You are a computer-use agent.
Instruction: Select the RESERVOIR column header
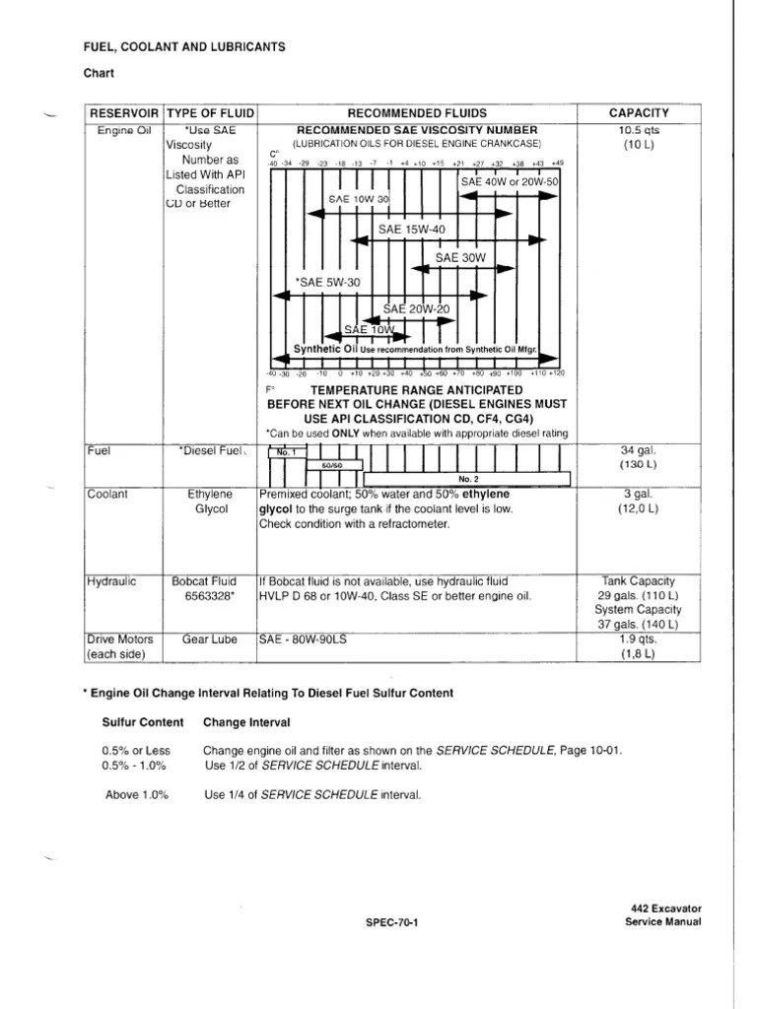125,113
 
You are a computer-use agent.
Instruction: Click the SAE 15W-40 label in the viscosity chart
412,230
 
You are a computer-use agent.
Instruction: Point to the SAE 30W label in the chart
461,257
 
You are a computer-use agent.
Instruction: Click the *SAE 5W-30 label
327,282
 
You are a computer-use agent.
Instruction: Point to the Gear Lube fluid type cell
210,639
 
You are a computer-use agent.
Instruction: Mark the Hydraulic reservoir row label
109,581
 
